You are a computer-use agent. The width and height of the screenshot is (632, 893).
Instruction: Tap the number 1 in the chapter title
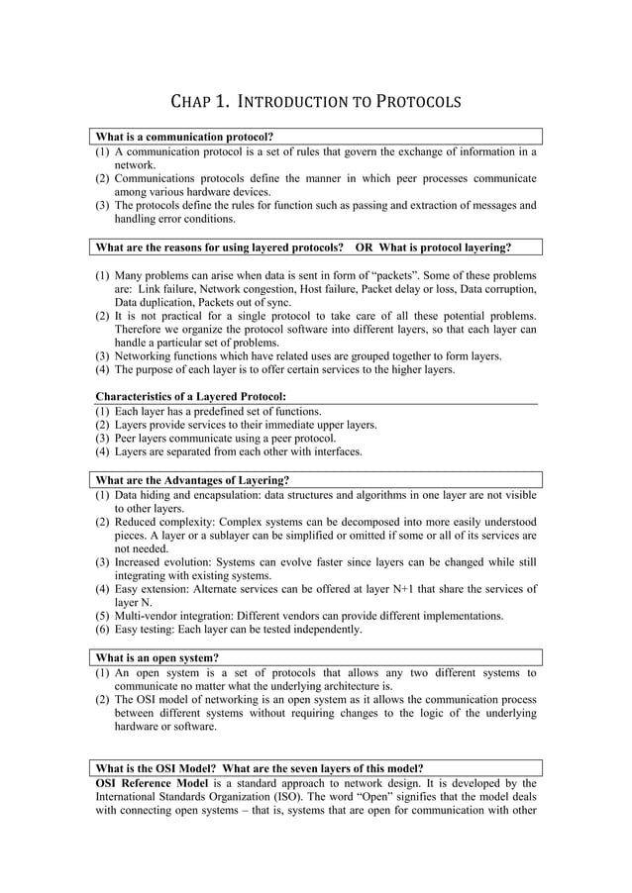click(x=223, y=102)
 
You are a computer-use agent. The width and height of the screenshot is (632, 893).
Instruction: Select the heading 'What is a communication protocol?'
click(x=184, y=137)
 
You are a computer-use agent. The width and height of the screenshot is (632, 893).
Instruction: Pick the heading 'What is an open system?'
click(x=158, y=657)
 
